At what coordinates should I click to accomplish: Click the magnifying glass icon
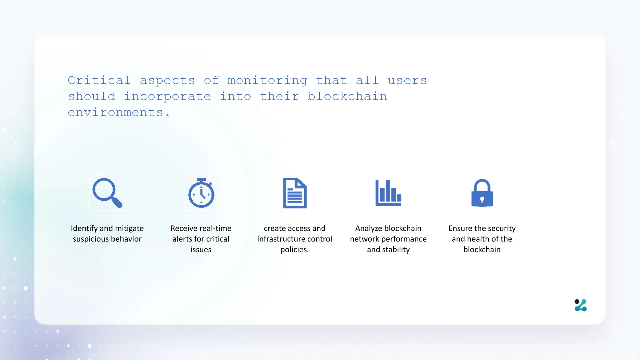pyautogui.click(x=107, y=193)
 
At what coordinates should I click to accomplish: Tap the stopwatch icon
pyautogui.click(x=201, y=193)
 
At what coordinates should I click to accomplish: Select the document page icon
pyautogui.click(x=295, y=193)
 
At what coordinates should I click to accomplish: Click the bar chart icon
pyautogui.click(x=388, y=193)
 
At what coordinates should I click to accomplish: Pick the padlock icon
pyautogui.click(x=482, y=193)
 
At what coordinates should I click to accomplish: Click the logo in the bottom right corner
pyautogui.click(x=581, y=305)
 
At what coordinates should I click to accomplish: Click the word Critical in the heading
pyautogui.click(x=99, y=81)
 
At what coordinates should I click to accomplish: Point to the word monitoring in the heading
pyautogui.click(x=267, y=81)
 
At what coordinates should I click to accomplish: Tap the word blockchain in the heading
pyautogui.click(x=347, y=97)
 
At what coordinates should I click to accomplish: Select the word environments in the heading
pyautogui.click(x=115, y=112)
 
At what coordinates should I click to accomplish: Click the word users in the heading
pyautogui.click(x=407, y=81)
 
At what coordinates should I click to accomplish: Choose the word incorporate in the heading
pyautogui.click(x=167, y=97)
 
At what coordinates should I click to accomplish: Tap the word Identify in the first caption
pyautogui.click(x=84, y=228)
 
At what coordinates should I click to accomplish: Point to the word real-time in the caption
pyautogui.click(x=215, y=228)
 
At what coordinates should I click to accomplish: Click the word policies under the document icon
pyautogui.click(x=294, y=250)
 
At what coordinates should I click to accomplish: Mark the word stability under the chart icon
pyautogui.click(x=395, y=250)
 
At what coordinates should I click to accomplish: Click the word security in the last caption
pyautogui.click(x=502, y=228)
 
